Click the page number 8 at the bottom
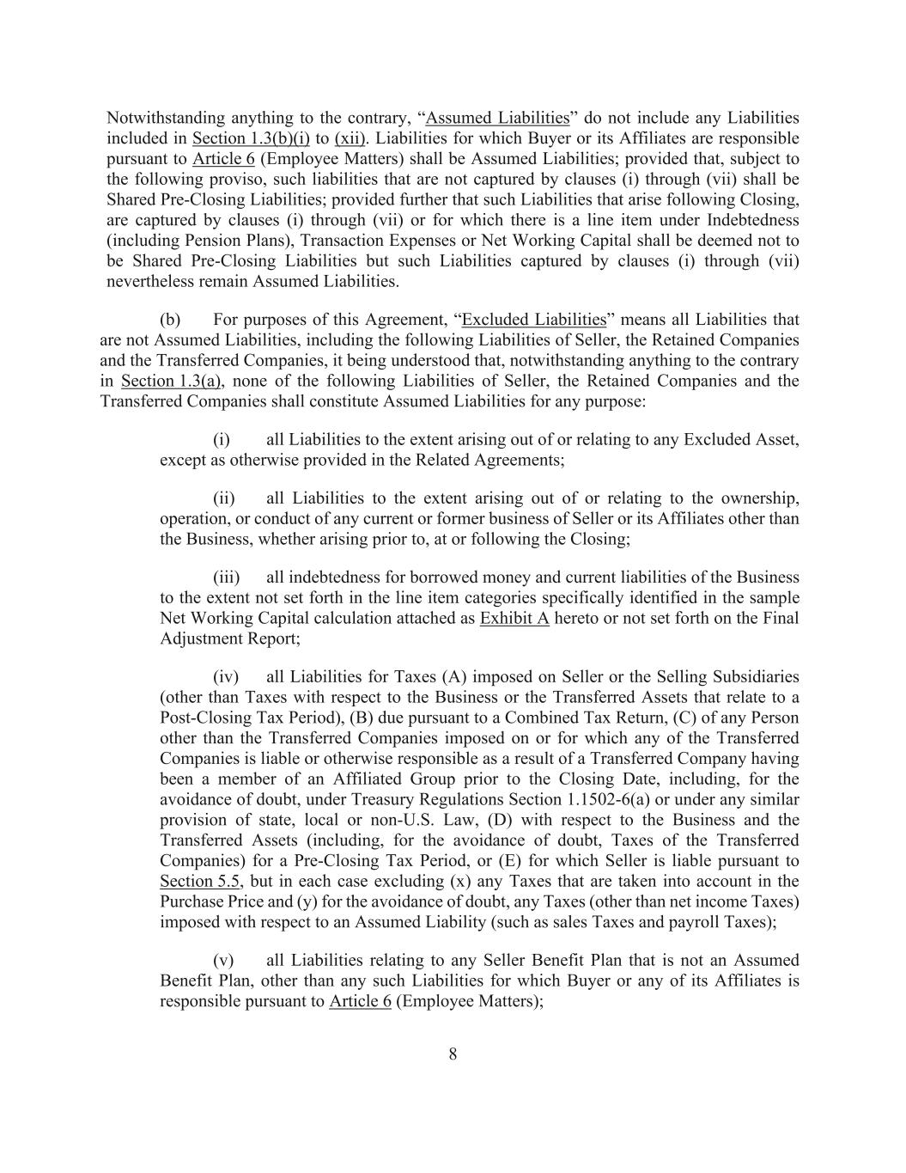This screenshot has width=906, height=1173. coord(453,1054)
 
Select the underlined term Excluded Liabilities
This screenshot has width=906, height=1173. coord(533,321)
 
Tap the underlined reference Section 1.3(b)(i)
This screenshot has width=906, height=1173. coord(251,138)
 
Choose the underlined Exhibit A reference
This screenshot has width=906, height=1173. coord(514,619)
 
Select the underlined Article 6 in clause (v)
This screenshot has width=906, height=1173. coord(360,1002)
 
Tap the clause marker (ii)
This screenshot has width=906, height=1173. coord(224,498)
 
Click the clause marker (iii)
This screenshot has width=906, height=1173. coord(226,577)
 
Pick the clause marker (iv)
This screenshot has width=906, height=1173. coord(226,677)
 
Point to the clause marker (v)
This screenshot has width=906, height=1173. coord(223,961)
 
